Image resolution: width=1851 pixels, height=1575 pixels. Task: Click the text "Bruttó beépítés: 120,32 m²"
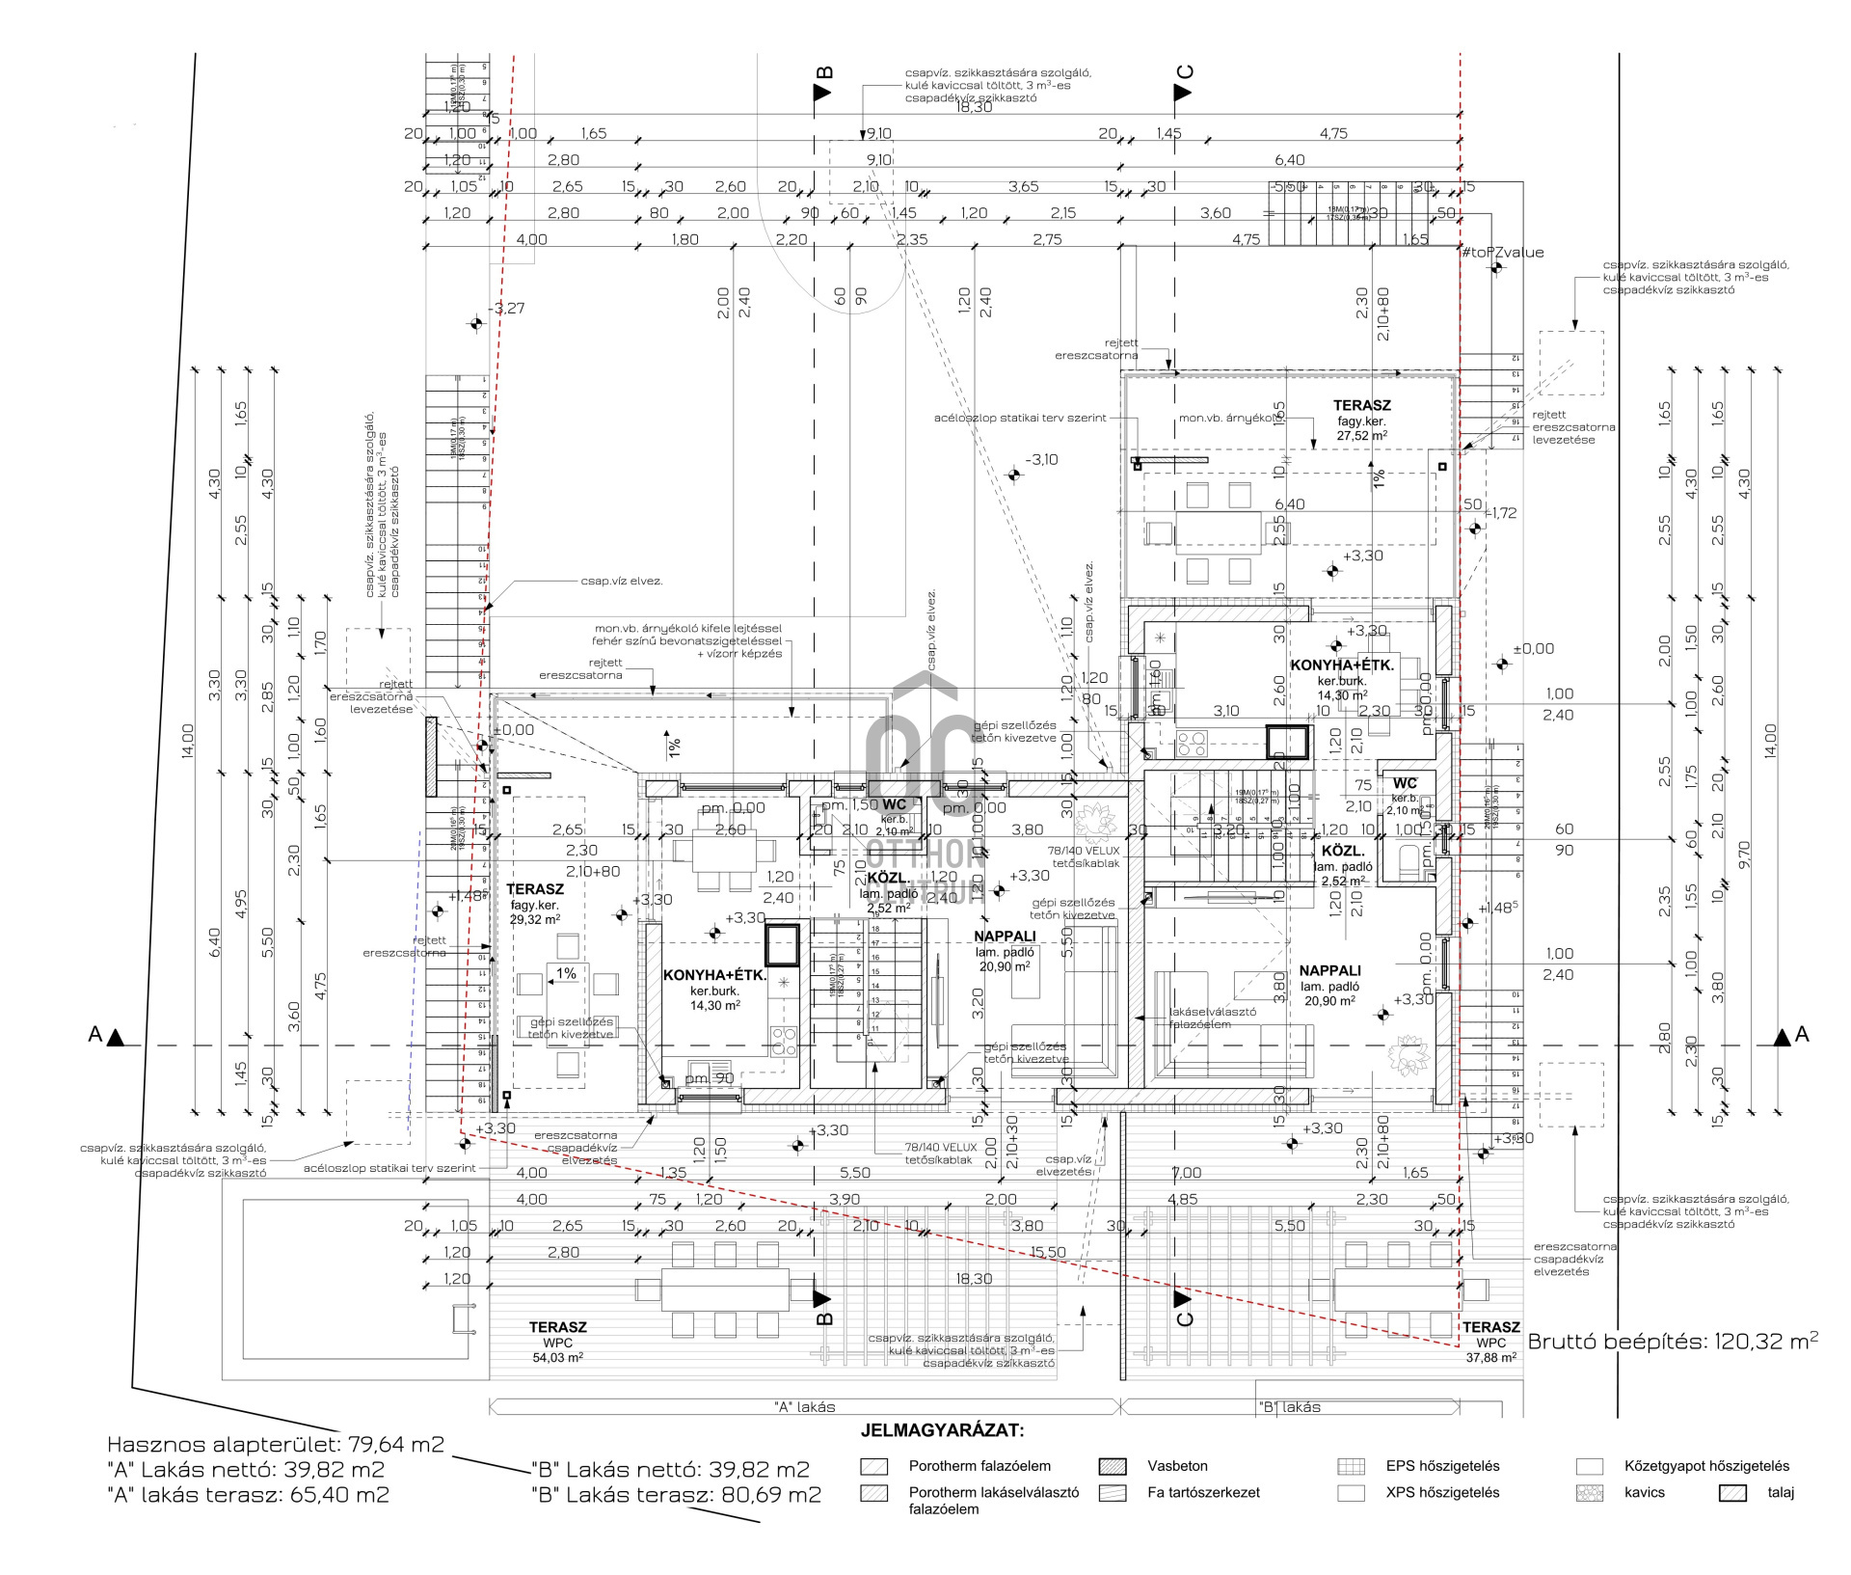pyautogui.click(x=1673, y=1341)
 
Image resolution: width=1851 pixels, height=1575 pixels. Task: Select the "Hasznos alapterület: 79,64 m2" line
pyautogui.click(x=276, y=1444)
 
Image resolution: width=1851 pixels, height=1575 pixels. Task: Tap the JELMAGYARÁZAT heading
pyautogui.click(x=942, y=1430)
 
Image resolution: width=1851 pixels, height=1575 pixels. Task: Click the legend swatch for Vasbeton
pyautogui.click(x=1112, y=1467)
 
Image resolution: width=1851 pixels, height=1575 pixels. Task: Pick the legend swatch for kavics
pyautogui.click(x=1589, y=1493)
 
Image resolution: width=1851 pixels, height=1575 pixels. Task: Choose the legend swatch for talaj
pyautogui.click(x=1732, y=1493)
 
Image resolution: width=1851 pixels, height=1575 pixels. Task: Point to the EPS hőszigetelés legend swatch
pyautogui.click(x=1352, y=1467)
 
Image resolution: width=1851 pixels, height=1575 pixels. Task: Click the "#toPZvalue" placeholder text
pyautogui.click(x=1502, y=253)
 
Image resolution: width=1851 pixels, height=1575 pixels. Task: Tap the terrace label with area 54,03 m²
pyautogui.click(x=557, y=1342)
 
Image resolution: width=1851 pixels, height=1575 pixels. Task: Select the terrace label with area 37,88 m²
pyautogui.click(x=1490, y=1342)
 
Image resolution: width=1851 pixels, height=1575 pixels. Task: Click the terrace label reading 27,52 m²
pyautogui.click(x=1361, y=421)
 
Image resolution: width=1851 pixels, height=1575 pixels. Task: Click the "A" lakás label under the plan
pyautogui.click(x=804, y=1407)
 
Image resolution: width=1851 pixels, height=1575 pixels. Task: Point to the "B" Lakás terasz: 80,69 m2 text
pyautogui.click(x=676, y=1495)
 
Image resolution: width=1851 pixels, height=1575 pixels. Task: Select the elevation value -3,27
pyautogui.click(x=508, y=309)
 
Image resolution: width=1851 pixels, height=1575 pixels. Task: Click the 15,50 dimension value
pyautogui.click(x=1048, y=1252)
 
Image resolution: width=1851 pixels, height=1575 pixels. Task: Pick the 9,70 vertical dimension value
pyautogui.click(x=1742, y=855)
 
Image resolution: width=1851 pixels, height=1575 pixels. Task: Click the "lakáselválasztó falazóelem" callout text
pyautogui.click(x=1212, y=1018)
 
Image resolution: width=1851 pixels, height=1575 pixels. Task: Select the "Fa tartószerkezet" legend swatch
pyautogui.click(x=1112, y=1493)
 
